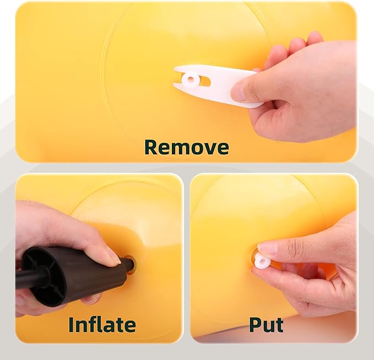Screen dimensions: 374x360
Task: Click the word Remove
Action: pyautogui.click(x=187, y=148)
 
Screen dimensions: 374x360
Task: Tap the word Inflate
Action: pyautogui.click(x=102, y=325)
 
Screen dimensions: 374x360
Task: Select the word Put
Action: pyautogui.click(x=267, y=325)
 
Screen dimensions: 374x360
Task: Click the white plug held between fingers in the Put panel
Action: pyautogui.click(x=262, y=260)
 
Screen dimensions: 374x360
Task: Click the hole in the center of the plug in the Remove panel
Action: pyautogui.click(x=191, y=78)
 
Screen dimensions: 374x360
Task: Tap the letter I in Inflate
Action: pyautogui.click(x=71, y=325)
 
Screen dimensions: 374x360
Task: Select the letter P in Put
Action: pyautogui.click(x=255, y=325)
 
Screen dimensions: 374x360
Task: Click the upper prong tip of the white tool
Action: pyautogui.click(x=174, y=69)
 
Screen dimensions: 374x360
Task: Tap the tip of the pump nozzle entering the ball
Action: pyautogui.click(x=131, y=264)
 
